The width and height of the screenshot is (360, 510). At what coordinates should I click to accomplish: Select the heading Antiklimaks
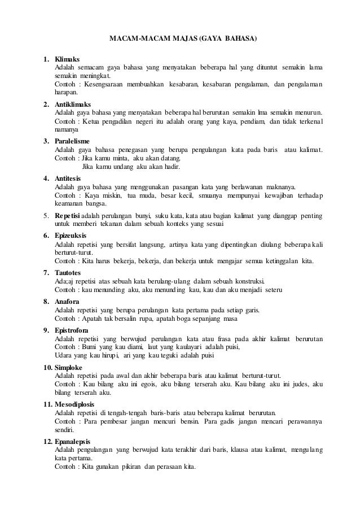tap(72, 104)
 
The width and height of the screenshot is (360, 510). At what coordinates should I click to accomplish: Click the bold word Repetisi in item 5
tap(68, 215)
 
